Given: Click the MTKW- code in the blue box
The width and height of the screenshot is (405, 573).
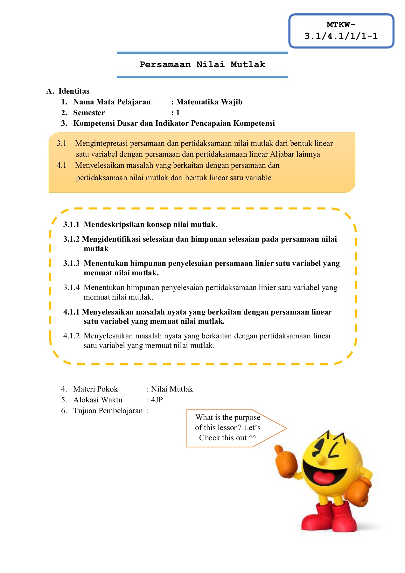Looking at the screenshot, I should [x=341, y=25].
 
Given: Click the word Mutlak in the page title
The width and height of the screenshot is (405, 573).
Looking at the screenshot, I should [x=248, y=65].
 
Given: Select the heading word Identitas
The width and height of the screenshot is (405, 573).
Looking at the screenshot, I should [x=74, y=91].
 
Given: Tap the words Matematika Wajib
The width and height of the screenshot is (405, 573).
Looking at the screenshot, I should [x=209, y=102].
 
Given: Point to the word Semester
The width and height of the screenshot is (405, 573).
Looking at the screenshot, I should [x=89, y=113].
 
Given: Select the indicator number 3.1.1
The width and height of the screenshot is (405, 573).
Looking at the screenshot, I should [x=71, y=225].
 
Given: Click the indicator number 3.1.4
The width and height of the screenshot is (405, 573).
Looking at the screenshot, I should [x=71, y=288].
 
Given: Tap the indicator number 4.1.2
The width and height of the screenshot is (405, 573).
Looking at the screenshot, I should [x=71, y=336].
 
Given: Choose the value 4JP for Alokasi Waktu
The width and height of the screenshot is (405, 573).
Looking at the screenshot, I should [x=157, y=400].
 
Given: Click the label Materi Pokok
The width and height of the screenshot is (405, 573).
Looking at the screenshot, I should [x=95, y=389].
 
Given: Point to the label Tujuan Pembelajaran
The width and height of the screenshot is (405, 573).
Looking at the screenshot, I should [x=108, y=411].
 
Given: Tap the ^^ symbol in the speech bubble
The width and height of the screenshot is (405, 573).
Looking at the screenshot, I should [x=252, y=438].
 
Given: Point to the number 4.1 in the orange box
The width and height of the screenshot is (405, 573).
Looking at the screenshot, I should [x=61, y=166].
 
